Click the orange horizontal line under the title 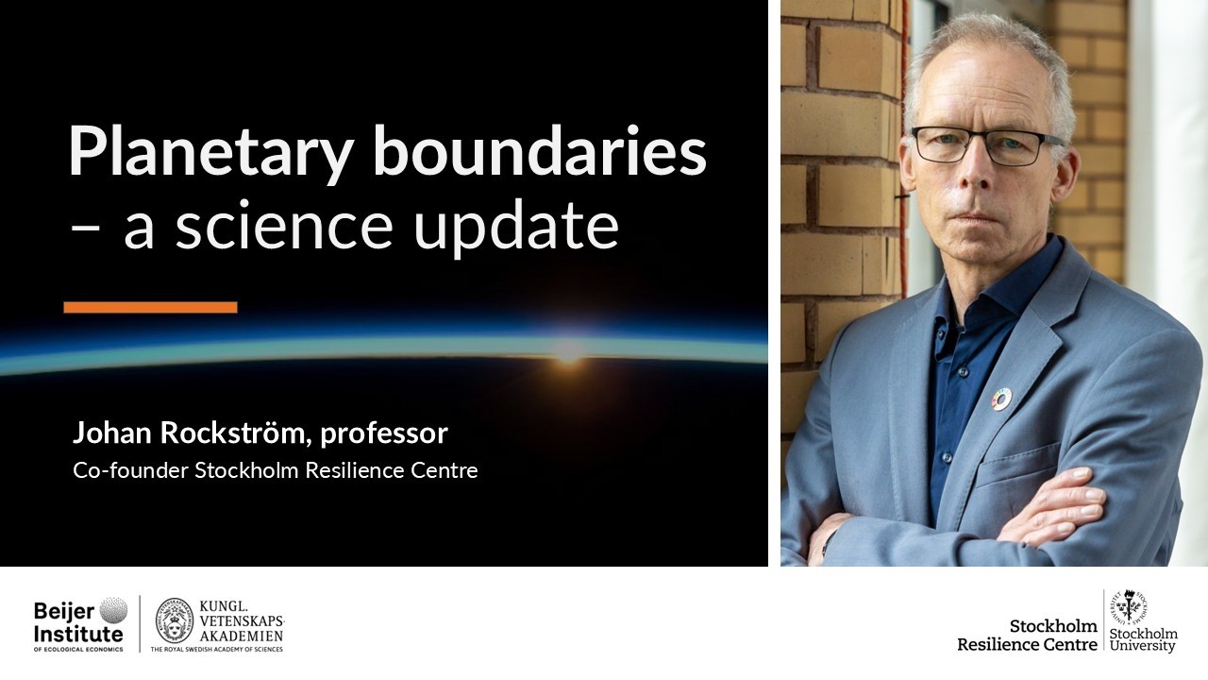pos(150,307)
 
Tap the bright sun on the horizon pos(567,351)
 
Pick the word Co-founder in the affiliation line pos(130,469)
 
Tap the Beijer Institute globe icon pos(112,610)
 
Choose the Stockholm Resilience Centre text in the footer pos(1027,635)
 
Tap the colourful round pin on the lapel pos(1000,399)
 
